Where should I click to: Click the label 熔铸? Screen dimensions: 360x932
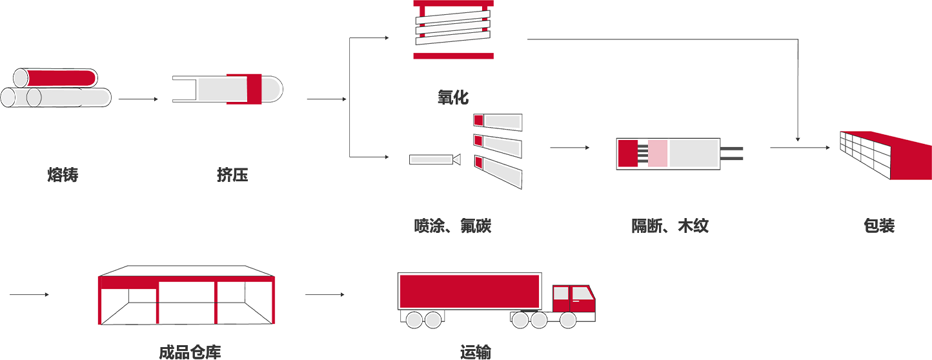63,175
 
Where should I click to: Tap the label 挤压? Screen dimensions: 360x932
232,175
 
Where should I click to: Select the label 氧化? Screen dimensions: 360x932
453,97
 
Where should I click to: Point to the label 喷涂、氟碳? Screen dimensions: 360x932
453,226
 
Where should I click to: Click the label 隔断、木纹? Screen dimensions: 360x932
670,226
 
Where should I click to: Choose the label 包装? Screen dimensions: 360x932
879,226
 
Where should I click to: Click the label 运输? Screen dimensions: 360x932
476,352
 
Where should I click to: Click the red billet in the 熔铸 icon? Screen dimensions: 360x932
61,77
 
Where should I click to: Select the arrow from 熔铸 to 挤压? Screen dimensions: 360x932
137,99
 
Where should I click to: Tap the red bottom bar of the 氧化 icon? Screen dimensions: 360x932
453,55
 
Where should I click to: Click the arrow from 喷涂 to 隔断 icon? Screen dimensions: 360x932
569,148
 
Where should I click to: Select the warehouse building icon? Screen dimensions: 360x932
187,297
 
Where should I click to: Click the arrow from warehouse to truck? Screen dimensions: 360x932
325,295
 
